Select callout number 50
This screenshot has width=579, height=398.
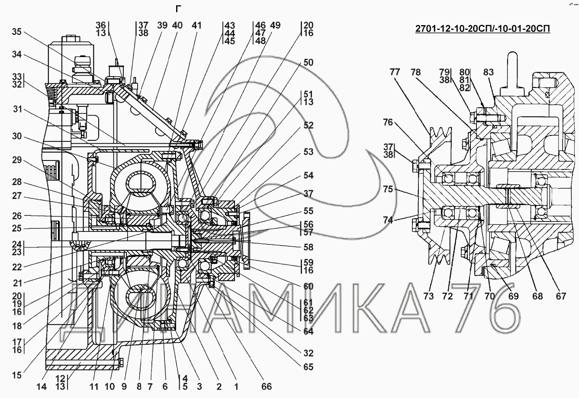[308, 63]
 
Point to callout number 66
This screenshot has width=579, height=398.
[267, 386]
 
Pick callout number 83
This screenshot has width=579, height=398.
[489, 73]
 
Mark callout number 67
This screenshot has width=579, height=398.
[561, 296]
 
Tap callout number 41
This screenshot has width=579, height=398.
[196, 25]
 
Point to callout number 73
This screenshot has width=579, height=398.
[428, 296]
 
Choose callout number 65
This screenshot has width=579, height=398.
[308, 367]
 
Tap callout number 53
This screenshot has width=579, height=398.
[308, 152]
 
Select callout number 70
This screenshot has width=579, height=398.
[489, 296]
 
